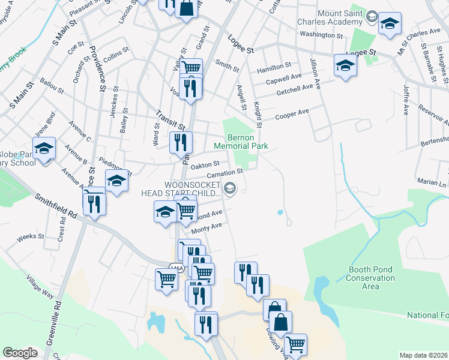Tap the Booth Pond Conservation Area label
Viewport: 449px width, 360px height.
(x=372, y=278)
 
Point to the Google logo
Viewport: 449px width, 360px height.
(x=20, y=353)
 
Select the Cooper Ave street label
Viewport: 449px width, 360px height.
(x=292, y=114)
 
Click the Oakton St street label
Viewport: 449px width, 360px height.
(x=205, y=163)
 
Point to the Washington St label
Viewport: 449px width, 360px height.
(x=321, y=35)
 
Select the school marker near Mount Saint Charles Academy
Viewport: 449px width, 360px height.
(x=390, y=24)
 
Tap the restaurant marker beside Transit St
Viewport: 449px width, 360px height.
(x=181, y=143)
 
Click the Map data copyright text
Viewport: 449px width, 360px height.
(x=424, y=355)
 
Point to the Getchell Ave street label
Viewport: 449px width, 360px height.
(x=295, y=88)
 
